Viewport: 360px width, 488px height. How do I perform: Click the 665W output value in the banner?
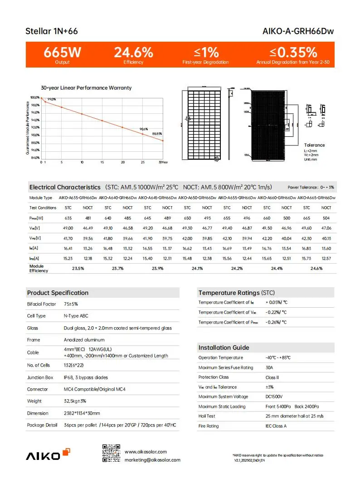(62, 52)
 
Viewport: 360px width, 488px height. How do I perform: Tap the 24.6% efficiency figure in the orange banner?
(133, 52)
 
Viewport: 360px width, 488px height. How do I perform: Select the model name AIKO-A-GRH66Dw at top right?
(298, 32)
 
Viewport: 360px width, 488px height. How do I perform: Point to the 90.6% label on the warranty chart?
(144, 129)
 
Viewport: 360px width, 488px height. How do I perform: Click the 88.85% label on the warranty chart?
(157, 134)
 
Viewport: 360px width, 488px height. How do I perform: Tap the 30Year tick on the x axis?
(163, 162)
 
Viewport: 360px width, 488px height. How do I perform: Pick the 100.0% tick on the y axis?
(34, 97)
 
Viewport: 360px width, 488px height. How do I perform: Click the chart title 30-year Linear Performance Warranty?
(86, 87)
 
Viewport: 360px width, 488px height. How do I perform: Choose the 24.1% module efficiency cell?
(197, 269)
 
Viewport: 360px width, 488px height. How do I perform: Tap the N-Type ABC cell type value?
(76, 316)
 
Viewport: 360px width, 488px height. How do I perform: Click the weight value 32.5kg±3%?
(75, 401)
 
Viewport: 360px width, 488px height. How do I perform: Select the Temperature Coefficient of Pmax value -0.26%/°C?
(276, 322)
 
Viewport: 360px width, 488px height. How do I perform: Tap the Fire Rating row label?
(209, 426)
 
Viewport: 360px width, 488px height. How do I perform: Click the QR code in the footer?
(111, 454)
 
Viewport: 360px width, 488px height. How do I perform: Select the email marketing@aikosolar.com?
(152, 460)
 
